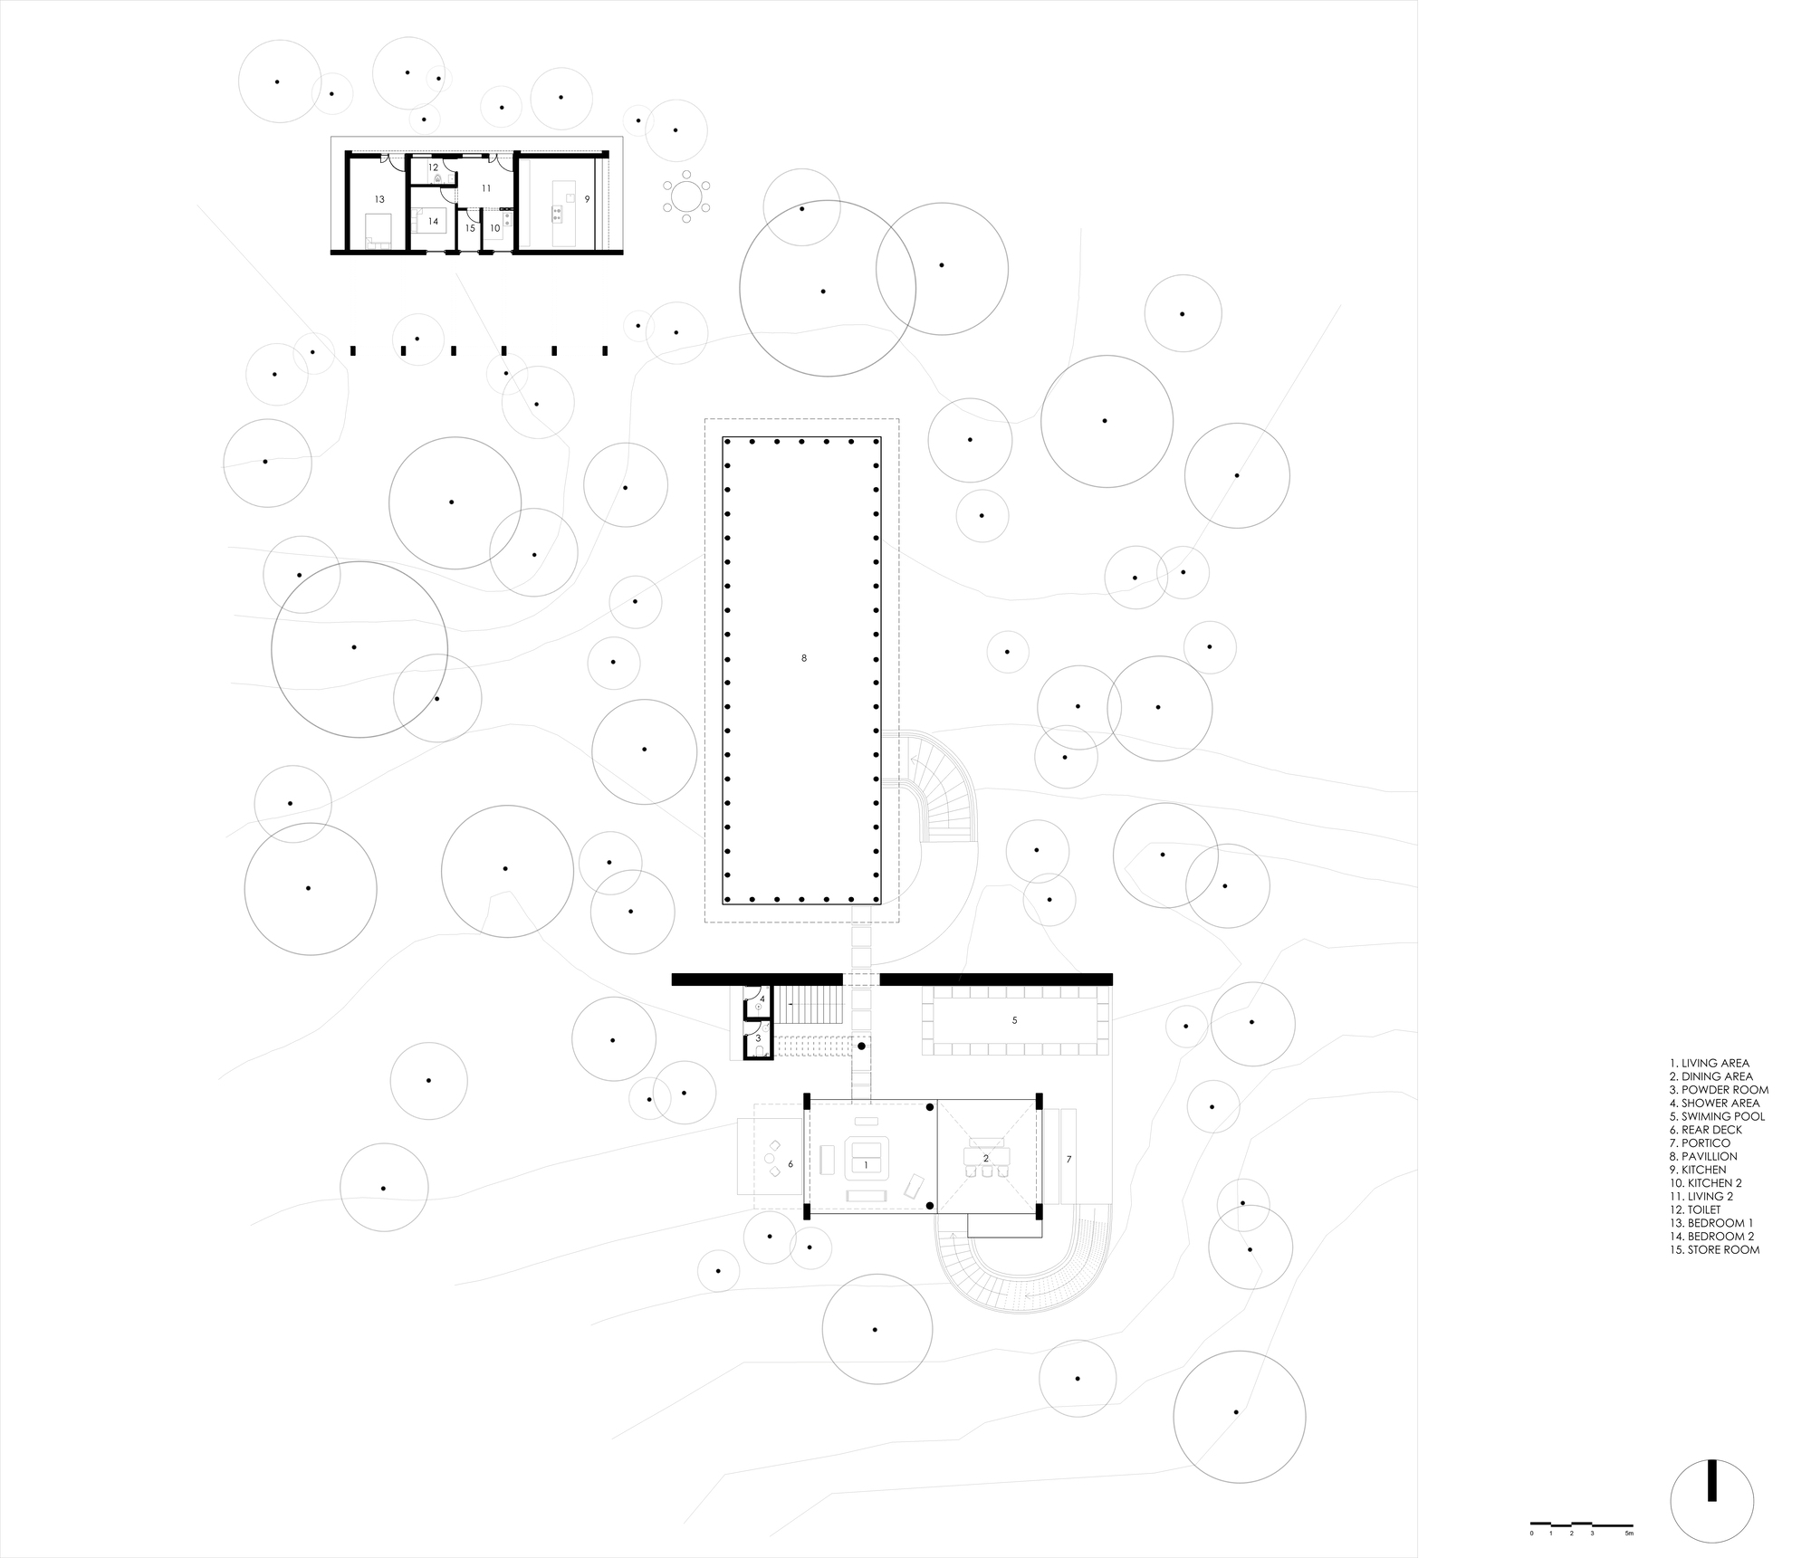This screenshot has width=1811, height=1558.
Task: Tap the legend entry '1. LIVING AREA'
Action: (1710, 1063)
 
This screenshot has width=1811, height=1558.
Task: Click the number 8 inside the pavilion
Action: (804, 658)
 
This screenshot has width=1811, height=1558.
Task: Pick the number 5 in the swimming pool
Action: (1014, 1020)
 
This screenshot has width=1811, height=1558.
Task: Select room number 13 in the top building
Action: (379, 199)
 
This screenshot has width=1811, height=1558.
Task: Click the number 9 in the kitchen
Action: (588, 198)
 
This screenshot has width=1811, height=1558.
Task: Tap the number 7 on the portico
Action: (1068, 1160)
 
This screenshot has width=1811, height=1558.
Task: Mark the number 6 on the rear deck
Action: (791, 1164)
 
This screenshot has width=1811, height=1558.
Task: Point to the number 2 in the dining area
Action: (986, 1158)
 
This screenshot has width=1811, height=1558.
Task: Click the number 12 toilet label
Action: (433, 167)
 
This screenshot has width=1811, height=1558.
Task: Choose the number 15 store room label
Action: (470, 228)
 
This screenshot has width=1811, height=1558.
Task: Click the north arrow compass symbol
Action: (1711, 1497)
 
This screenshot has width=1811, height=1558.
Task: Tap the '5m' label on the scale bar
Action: (1629, 1534)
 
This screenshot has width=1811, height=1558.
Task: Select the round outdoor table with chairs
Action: (686, 196)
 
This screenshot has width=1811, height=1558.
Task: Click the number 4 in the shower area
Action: (762, 999)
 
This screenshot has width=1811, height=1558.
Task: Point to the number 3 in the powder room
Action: (759, 1037)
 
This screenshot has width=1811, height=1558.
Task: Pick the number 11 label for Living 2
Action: (486, 188)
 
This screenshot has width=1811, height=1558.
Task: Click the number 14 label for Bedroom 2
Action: (434, 221)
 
